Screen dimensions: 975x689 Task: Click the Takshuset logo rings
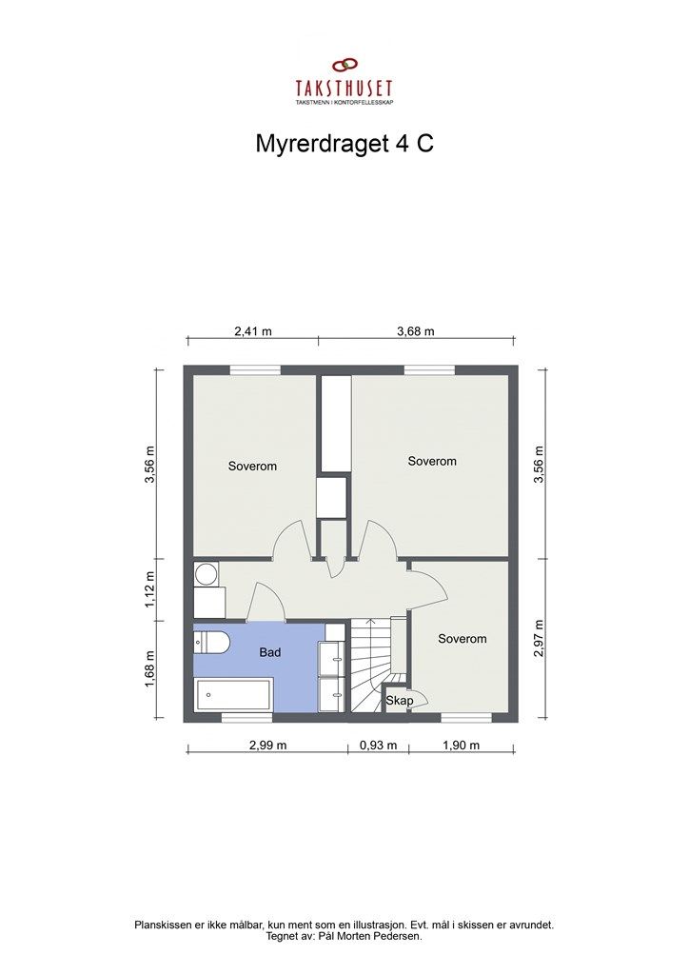344,66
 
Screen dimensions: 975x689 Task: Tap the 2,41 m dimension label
253,332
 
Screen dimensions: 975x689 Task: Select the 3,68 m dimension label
416,332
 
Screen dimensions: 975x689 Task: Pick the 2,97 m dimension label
540,639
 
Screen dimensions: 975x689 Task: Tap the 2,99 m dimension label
267,746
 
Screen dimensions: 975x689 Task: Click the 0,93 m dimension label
378,746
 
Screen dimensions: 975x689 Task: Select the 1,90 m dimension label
461,746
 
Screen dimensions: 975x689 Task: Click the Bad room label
271,653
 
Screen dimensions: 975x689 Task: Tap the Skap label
399,702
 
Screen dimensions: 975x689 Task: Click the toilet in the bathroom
211,643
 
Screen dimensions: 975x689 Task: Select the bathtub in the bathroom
234,695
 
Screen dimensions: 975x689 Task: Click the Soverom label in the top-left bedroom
252,467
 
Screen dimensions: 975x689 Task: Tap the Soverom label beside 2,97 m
463,639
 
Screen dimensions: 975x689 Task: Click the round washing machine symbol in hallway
206,574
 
